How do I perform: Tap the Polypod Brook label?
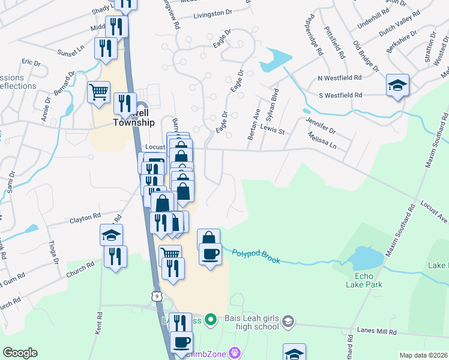tap(256, 255)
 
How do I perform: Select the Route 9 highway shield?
tap(157, 296)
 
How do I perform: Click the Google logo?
tap(20, 353)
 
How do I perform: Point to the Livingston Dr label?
tap(212, 13)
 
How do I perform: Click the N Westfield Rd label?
tap(340, 78)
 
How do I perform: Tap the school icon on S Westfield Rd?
tap(397, 85)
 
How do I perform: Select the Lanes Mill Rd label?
tap(376, 332)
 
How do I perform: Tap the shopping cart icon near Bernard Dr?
tap(98, 92)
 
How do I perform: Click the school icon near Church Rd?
tap(112, 235)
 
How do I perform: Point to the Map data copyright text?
tap(424, 355)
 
